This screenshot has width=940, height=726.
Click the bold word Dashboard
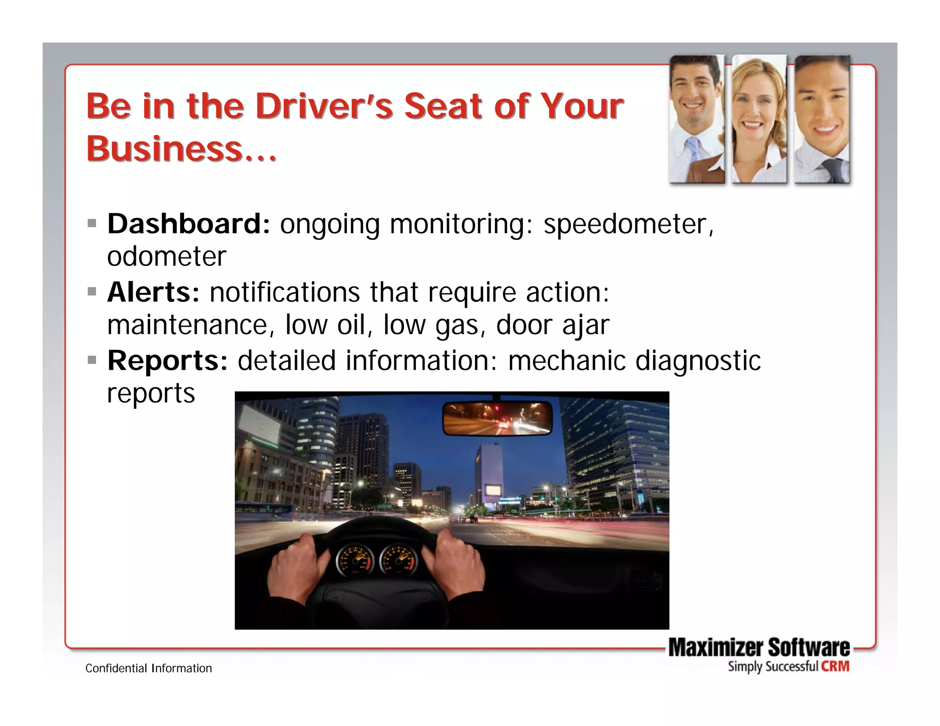(188, 224)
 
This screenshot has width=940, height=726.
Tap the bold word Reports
(167, 360)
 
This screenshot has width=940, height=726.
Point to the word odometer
(167, 256)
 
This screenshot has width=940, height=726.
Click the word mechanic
(566, 360)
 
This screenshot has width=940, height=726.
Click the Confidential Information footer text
(149, 668)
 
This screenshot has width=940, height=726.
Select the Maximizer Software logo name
(759, 648)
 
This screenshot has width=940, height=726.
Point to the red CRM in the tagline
(835, 666)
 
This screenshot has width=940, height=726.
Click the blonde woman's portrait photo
(759, 119)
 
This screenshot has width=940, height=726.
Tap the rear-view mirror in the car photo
(497, 418)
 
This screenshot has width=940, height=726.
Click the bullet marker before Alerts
(92, 291)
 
